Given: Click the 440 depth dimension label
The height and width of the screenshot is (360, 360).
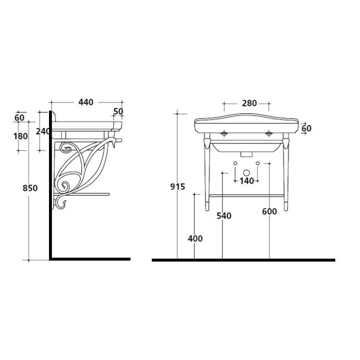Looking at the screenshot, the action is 86,102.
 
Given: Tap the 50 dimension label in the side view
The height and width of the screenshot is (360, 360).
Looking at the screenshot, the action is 118,111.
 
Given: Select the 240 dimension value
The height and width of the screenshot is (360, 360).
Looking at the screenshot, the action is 43,131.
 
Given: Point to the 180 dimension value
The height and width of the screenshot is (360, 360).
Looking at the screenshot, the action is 20,136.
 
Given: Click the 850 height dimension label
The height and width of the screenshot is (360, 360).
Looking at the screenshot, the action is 30,188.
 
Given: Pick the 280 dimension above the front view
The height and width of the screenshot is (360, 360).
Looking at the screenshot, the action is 249,103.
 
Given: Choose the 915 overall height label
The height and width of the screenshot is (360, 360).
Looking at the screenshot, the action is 177,186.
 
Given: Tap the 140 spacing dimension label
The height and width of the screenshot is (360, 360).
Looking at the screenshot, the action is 247,181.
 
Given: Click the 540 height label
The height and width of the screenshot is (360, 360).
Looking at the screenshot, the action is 224,216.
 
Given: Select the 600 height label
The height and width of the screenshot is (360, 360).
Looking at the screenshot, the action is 269,211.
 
